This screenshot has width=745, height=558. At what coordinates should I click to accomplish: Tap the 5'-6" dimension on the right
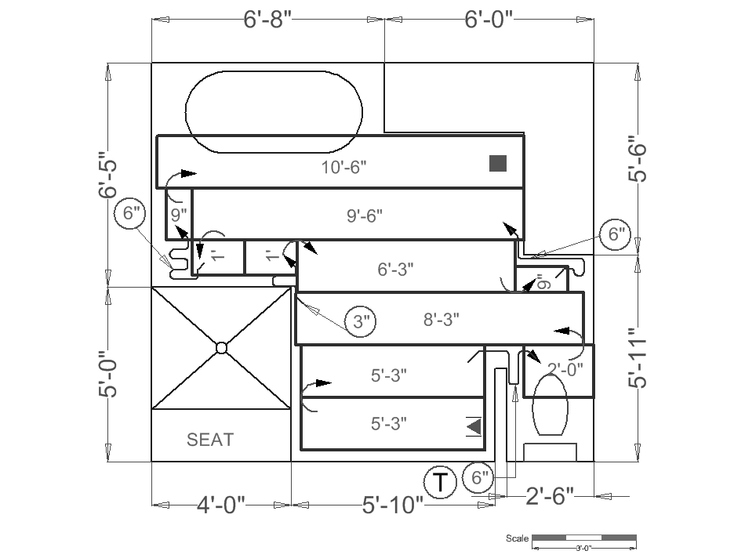coord(638,159)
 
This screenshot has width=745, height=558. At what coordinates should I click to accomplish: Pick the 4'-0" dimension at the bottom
coord(221,504)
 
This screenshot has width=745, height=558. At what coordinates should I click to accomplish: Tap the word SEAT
coord(210,440)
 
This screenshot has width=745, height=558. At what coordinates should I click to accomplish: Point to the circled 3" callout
coord(361,321)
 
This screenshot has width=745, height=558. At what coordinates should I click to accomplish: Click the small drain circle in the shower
coord(221,347)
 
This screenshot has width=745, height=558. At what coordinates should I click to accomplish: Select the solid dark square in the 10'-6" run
coord(497,163)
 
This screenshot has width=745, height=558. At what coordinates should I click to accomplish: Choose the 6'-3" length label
coord(396,269)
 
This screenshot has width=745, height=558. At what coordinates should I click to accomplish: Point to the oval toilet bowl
coord(549,404)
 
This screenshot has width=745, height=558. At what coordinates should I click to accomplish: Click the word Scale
coord(517,538)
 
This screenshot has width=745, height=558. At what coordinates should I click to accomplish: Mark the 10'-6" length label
coord(344,166)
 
